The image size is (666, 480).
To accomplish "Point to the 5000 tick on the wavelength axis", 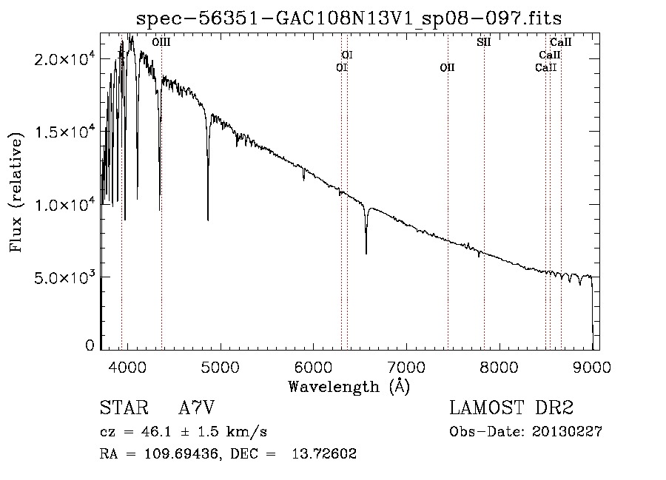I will point(220,365).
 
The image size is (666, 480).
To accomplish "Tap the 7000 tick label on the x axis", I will point(406,365).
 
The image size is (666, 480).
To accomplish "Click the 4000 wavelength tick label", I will point(127,365).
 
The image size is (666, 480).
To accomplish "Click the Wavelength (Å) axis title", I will point(349,386).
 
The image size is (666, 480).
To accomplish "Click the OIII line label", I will point(161,42).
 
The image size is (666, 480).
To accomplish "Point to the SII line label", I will point(483,42).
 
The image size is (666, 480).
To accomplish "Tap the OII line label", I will point(447,68).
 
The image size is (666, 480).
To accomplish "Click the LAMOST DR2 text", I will point(511,408).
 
